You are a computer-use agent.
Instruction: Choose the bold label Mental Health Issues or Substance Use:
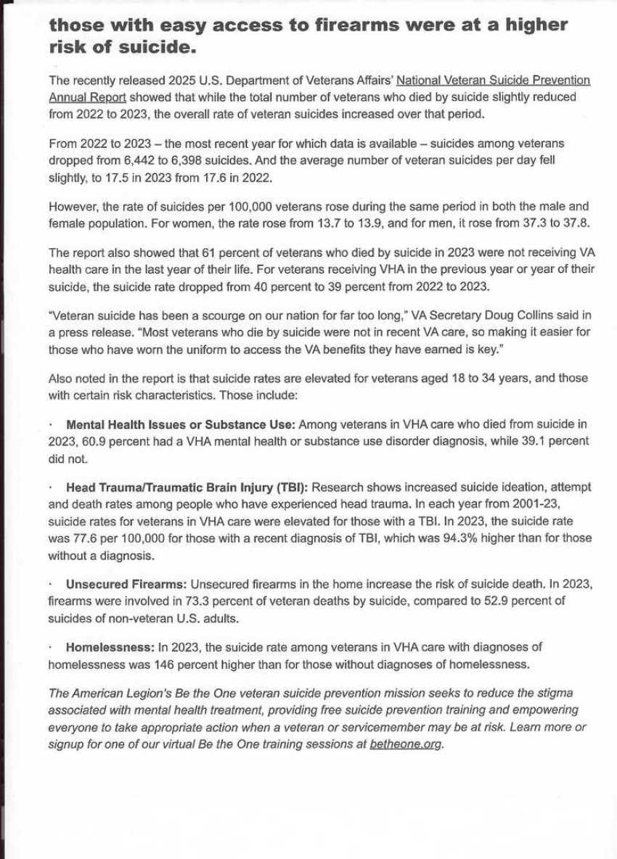181,424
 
